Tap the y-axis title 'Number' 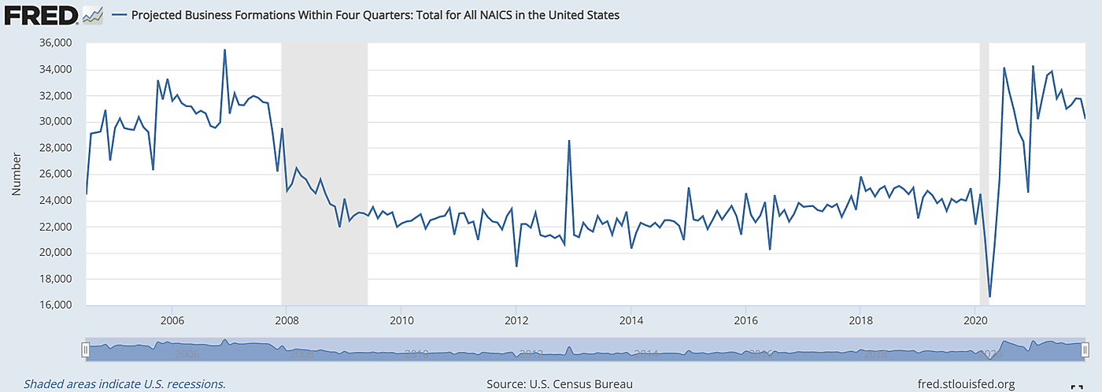tap(16, 174)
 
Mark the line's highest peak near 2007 tap(224, 50)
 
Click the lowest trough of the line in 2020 tap(989, 297)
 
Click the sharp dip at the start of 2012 tap(516, 266)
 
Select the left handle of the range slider tap(85, 349)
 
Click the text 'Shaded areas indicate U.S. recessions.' tap(124, 384)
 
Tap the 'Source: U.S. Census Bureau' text tap(560, 384)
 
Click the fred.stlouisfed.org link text tap(972, 384)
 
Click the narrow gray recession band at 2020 tap(984, 173)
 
